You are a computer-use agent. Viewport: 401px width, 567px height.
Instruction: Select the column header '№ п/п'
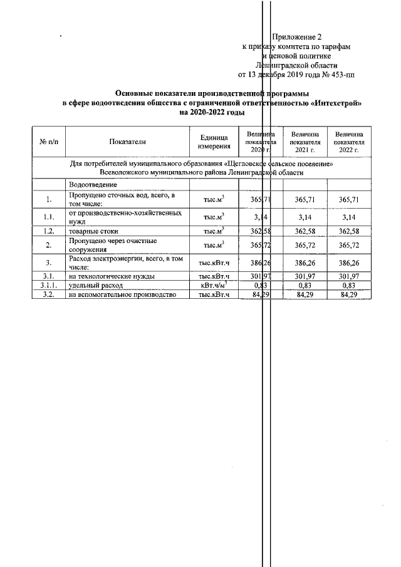tap(49, 142)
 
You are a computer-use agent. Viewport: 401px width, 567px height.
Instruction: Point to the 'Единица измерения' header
tap(214, 142)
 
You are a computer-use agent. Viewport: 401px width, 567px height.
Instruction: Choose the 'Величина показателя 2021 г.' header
tap(305, 142)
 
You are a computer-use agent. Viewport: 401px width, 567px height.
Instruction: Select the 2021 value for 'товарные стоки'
tap(305, 231)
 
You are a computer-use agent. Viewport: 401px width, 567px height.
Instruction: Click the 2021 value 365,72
tap(305, 244)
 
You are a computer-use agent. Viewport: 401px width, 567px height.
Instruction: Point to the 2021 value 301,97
tap(305, 276)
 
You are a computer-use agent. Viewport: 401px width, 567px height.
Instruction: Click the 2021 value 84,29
tap(305, 294)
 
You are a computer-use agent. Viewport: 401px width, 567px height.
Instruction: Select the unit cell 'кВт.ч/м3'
tap(214, 285)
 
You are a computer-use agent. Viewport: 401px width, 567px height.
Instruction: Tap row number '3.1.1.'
tap(49, 285)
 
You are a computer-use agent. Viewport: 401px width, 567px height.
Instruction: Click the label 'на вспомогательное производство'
tap(121, 294)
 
